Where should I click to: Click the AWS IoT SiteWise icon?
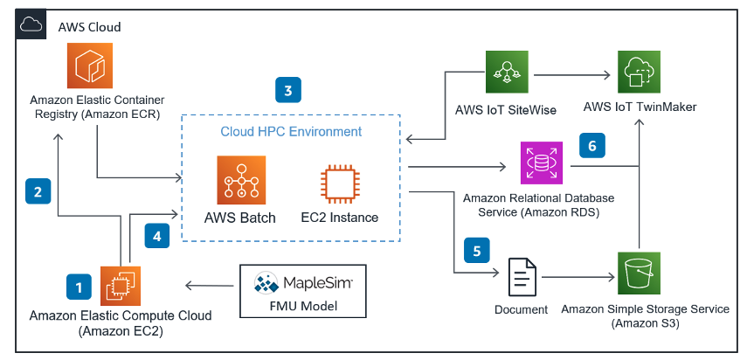pyautogui.click(x=508, y=73)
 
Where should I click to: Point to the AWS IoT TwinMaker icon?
pyautogui.click(x=640, y=73)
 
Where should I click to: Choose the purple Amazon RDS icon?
pyautogui.click(x=543, y=165)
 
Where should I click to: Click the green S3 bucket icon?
pyautogui.click(x=640, y=275)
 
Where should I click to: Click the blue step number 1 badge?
pyautogui.click(x=79, y=286)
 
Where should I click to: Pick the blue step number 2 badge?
pyautogui.click(x=38, y=191)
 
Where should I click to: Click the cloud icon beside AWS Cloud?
pyautogui.click(x=31, y=27)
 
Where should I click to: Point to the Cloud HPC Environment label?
pyautogui.click(x=290, y=131)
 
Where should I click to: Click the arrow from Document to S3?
pyautogui.click(x=577, y=277)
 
